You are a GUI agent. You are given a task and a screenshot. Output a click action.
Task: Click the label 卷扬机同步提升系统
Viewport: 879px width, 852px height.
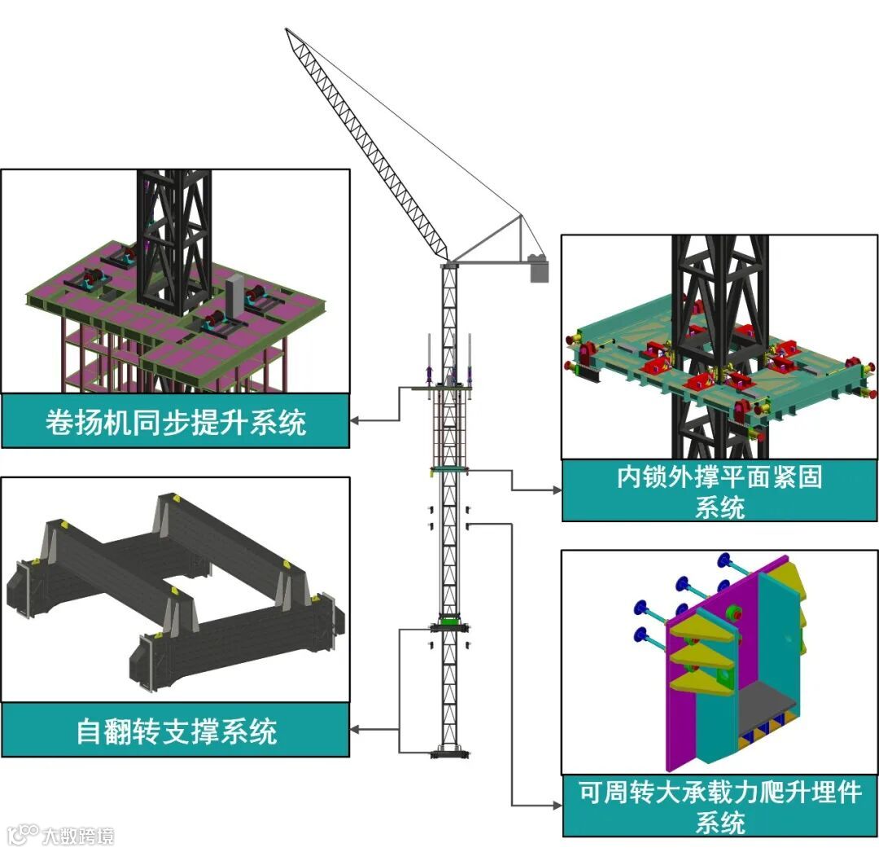(175, 422)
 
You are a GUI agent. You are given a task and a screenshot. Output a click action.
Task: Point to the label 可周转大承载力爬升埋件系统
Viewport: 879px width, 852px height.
(719, 806)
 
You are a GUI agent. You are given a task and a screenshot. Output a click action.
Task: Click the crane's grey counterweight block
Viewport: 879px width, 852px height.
(539, 269)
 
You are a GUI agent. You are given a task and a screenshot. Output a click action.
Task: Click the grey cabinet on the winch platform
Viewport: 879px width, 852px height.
(234, 292)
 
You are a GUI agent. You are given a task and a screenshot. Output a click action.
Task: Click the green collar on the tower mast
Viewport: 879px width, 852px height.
(449, 621)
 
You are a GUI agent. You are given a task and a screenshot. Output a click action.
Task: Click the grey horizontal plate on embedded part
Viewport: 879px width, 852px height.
(765, 703)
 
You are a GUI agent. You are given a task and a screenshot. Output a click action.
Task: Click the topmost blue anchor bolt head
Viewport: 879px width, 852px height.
(723, 560)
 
